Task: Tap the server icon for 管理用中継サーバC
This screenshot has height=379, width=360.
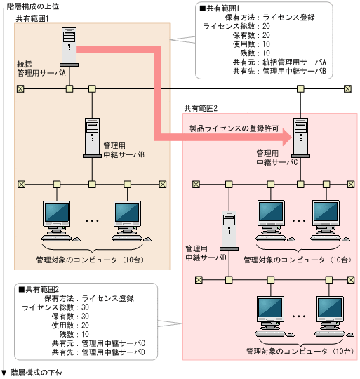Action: [x=300, y=135]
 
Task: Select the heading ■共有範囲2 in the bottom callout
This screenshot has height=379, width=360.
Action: [x=39, y=289]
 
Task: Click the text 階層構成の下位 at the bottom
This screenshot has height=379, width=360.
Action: [x=36, y=373]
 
